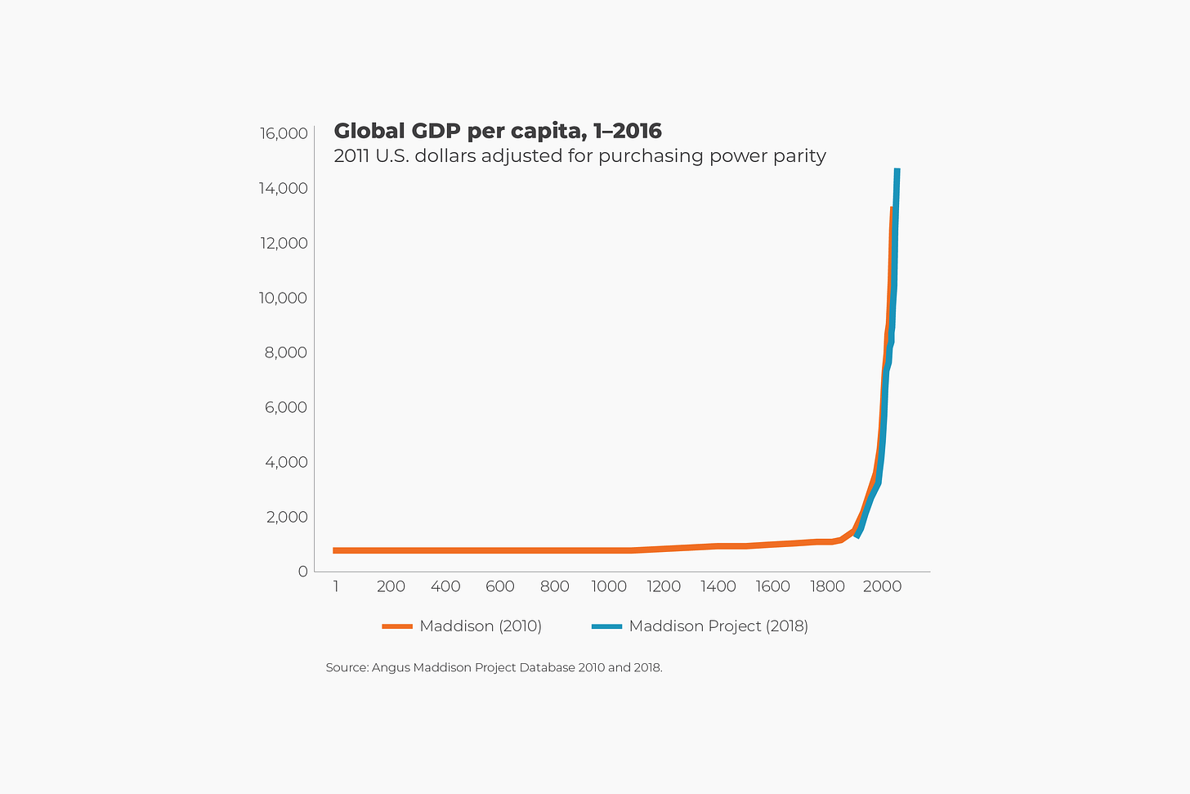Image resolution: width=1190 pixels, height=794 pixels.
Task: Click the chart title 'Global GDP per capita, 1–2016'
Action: coord(498,131)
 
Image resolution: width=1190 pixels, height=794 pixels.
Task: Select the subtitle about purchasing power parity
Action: coord(579,156)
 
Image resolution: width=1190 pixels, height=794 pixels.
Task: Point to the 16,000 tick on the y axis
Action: coord(284,133)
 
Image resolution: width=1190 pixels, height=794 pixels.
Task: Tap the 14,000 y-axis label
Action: coord(284,188)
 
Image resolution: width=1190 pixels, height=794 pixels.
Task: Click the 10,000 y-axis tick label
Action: coord(284,298)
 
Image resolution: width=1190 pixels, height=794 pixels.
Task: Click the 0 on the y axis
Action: coord(302,572)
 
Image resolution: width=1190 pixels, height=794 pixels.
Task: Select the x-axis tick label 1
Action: coord(336,586)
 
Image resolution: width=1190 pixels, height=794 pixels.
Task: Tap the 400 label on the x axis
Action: coord(445,586)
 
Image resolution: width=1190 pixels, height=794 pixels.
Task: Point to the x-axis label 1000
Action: coord(609,586)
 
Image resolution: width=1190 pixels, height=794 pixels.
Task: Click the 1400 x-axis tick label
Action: coord(718,586)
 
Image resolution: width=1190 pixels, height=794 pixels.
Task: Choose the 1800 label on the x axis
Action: coord(827,586)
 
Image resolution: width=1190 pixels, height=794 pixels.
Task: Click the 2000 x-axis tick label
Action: coord(882,586)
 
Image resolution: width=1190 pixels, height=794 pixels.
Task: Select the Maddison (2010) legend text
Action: coord(481,626)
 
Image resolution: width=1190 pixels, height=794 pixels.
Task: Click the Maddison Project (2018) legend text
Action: coord(718,626)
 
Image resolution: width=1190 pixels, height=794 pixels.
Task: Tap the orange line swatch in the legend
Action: coord(397,626)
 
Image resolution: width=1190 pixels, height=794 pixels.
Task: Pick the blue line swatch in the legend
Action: coord(606,626)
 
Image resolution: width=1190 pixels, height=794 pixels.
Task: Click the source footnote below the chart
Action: coord(494,667)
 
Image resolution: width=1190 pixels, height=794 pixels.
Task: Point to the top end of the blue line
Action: coord(897,171)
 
